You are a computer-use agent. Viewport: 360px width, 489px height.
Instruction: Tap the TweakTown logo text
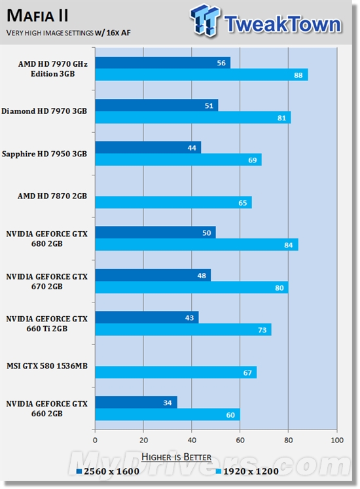pyautogui.click(x=281, y=24)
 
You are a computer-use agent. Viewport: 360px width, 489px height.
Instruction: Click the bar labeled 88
pyautogui.click(x=201, y=75)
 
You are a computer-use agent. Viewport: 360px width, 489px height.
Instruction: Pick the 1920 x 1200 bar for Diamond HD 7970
pyautogui.click(x=192, y=117)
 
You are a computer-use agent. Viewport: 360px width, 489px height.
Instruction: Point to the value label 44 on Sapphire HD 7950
pyautogui.click(x=192, y=148)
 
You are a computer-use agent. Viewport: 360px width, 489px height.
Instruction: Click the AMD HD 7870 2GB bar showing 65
pyautogui.click(x=173, y=202)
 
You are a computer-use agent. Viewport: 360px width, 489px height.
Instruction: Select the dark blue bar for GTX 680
pyautogui.click(x=155, y=232)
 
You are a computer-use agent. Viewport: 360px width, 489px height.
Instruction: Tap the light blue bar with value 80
pyautogui.click(x=191, y=287)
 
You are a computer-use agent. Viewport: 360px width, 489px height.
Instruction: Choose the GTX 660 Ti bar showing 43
pyautogui.click(x=147, y=317)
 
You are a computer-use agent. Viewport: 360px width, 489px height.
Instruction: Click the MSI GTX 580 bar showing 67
pyautogui.click(x=175, y=372)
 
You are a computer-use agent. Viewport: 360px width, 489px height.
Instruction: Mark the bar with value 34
pyautogui.click(x=136, y=402)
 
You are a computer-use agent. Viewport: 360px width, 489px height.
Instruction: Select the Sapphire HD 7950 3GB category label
pyautogui.click(x=45, y=154)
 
